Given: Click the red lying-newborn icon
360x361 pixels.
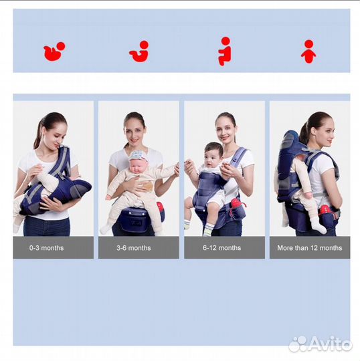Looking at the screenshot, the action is click(x=54, y=51).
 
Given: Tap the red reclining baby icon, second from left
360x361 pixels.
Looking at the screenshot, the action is click(x=139, y=51).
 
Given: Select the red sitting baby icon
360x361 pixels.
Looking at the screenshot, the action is click(x=225, y=51).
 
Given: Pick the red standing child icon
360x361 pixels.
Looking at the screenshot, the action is click(x=308, y=51).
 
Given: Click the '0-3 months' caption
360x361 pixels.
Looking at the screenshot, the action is click(x=46, y=248).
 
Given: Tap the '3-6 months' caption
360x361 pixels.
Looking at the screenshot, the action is click(x=134, y=248).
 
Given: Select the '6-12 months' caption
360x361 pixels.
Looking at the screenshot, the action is click(x=221, y=248).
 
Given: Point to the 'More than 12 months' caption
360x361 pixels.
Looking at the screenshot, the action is click(x=310, y=248).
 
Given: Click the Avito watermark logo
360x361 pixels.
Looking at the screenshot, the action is click(x=321, y=344).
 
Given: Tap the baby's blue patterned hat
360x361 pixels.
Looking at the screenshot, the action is click(x=138, y=155).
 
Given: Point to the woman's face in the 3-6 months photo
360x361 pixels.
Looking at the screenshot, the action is click(x=135, y=132).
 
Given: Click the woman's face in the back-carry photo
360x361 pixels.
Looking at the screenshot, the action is click(x=327, y=134).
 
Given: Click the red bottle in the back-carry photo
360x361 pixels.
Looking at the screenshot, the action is click(x=325, y=211).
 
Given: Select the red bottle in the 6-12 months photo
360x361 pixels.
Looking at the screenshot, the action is click(x=236, y=203).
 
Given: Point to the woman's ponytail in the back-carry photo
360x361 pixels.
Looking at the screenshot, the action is click(x=304, y=134).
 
